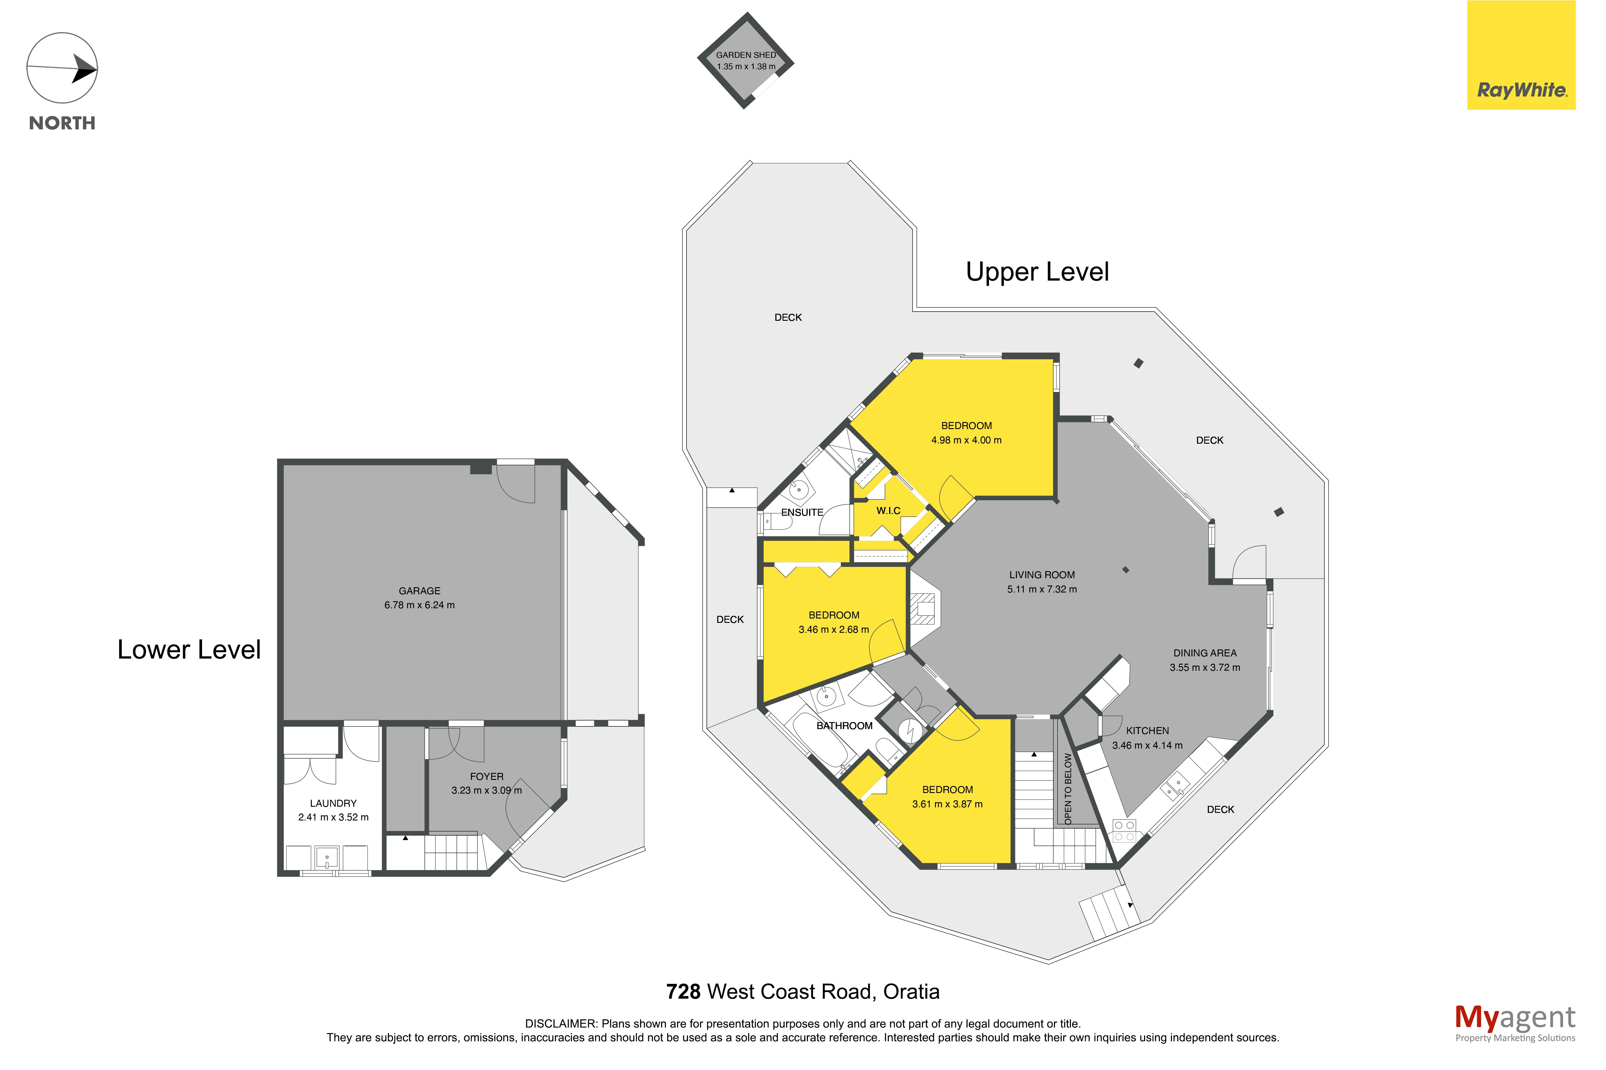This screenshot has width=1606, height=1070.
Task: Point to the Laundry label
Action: [x=333, y=803]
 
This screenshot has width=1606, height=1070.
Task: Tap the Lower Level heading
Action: [x=189, y=650]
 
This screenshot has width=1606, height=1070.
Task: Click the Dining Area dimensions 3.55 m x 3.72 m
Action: [x=1205, y=668]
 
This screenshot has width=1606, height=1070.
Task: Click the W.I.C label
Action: [x=888, y=510]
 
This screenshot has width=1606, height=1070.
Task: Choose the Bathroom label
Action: [x=844, y=725]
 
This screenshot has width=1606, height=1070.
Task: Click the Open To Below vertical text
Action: [x=1068, y=788]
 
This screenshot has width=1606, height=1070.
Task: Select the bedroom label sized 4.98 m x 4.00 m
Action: [x=967, y=433]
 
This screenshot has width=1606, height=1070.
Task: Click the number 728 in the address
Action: [x=683, y=991]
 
